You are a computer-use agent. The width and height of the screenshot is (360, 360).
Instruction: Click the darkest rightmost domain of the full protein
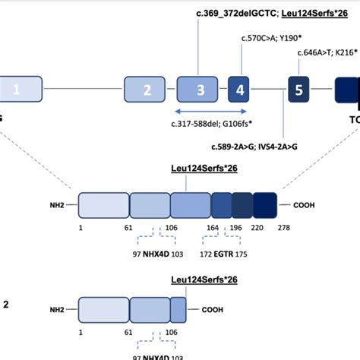point(265,205)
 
